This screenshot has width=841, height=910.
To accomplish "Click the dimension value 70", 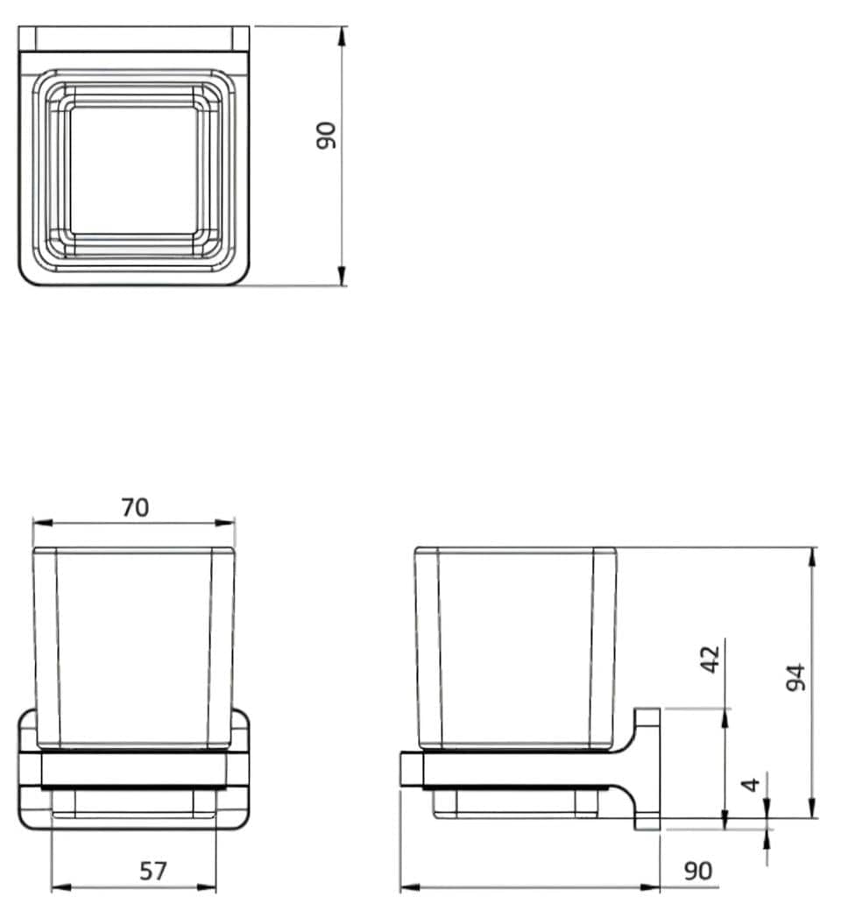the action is pyautogui.click(x=135, y=508).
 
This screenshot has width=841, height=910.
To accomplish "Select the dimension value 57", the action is pyautogui.click(x=153, y=871).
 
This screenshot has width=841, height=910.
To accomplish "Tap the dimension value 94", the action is pyautogui.click(x=795, y=677).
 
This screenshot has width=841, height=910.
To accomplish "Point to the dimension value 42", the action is pyautogui.click(x=710, y=660).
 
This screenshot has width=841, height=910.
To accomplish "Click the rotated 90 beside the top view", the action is pyautogui.click(x=327, y=135).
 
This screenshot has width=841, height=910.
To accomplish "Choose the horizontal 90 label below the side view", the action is pyautogui.click(x=697, y=871).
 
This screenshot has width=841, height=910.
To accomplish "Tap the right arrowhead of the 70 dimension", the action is pyautogui.click(x=225, y=523).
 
